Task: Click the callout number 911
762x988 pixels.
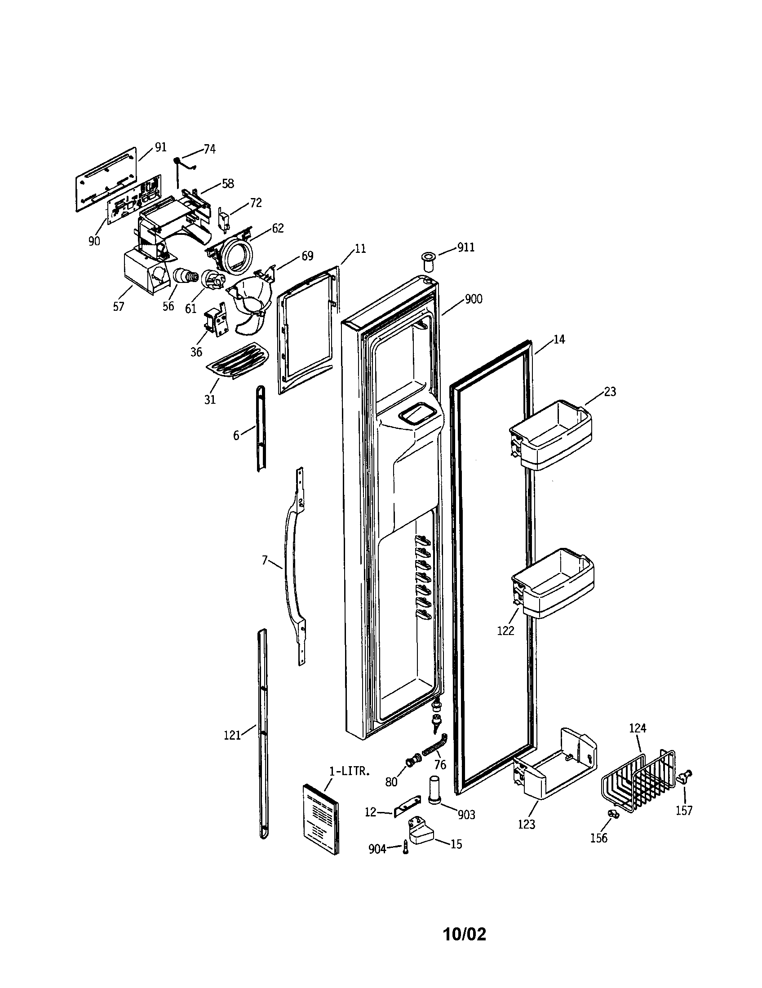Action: [x=465, y=247]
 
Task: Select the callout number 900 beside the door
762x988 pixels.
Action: [x=473, y=299]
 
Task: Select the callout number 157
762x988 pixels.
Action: [x=684, y=810]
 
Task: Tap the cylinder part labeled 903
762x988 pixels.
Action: [x=435, y=790]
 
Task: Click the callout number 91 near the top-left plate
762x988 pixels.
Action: [x=161, y=147]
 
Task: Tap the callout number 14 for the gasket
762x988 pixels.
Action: [x=559, y=339]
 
